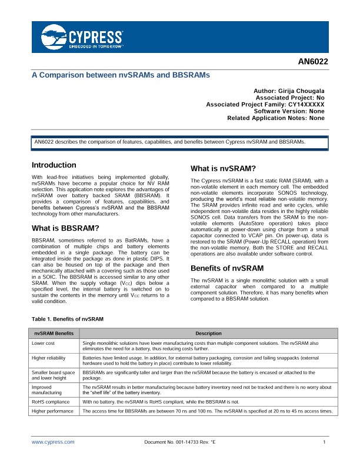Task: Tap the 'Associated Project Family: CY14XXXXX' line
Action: click(x=265, y=104)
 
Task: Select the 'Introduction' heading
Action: click(x=54, y=165)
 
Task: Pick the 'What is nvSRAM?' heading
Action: click(x=223, y=168)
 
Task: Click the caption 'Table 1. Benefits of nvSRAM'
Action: click(x=67, y=319)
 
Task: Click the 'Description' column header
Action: click(x=208, y=333)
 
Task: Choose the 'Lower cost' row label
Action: click(x=44, y=342)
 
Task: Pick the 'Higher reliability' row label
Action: click(x=49, y=357)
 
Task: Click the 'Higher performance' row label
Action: click(x=52, y=411)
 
